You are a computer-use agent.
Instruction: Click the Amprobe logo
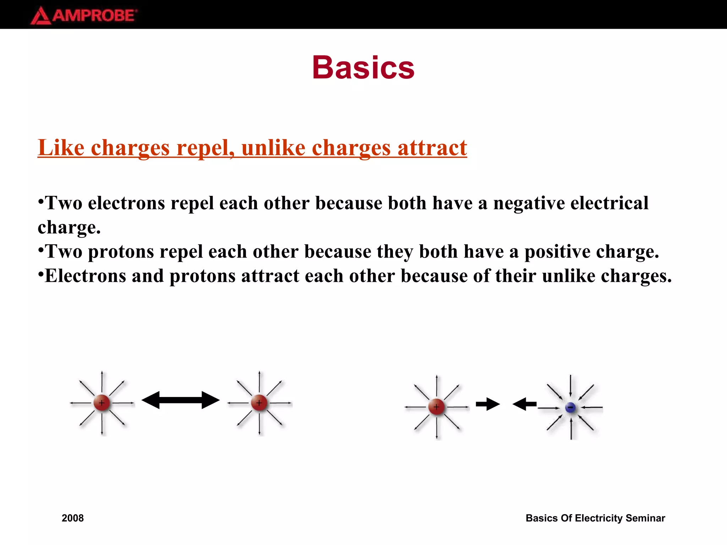84,16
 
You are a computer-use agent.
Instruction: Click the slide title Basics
363,67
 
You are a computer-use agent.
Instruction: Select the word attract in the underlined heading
432,148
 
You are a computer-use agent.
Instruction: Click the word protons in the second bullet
121,252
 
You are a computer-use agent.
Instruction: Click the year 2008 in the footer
73,518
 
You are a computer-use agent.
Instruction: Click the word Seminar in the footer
645,518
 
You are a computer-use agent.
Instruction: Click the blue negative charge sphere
570,408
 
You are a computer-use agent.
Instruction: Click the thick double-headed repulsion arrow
180,400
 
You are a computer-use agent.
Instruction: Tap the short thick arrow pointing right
488,404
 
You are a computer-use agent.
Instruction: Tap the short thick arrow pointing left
524,404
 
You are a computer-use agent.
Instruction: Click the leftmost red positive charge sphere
102,403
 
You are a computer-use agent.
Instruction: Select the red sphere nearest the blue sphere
436,407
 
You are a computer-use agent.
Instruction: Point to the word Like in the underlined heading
61,148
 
